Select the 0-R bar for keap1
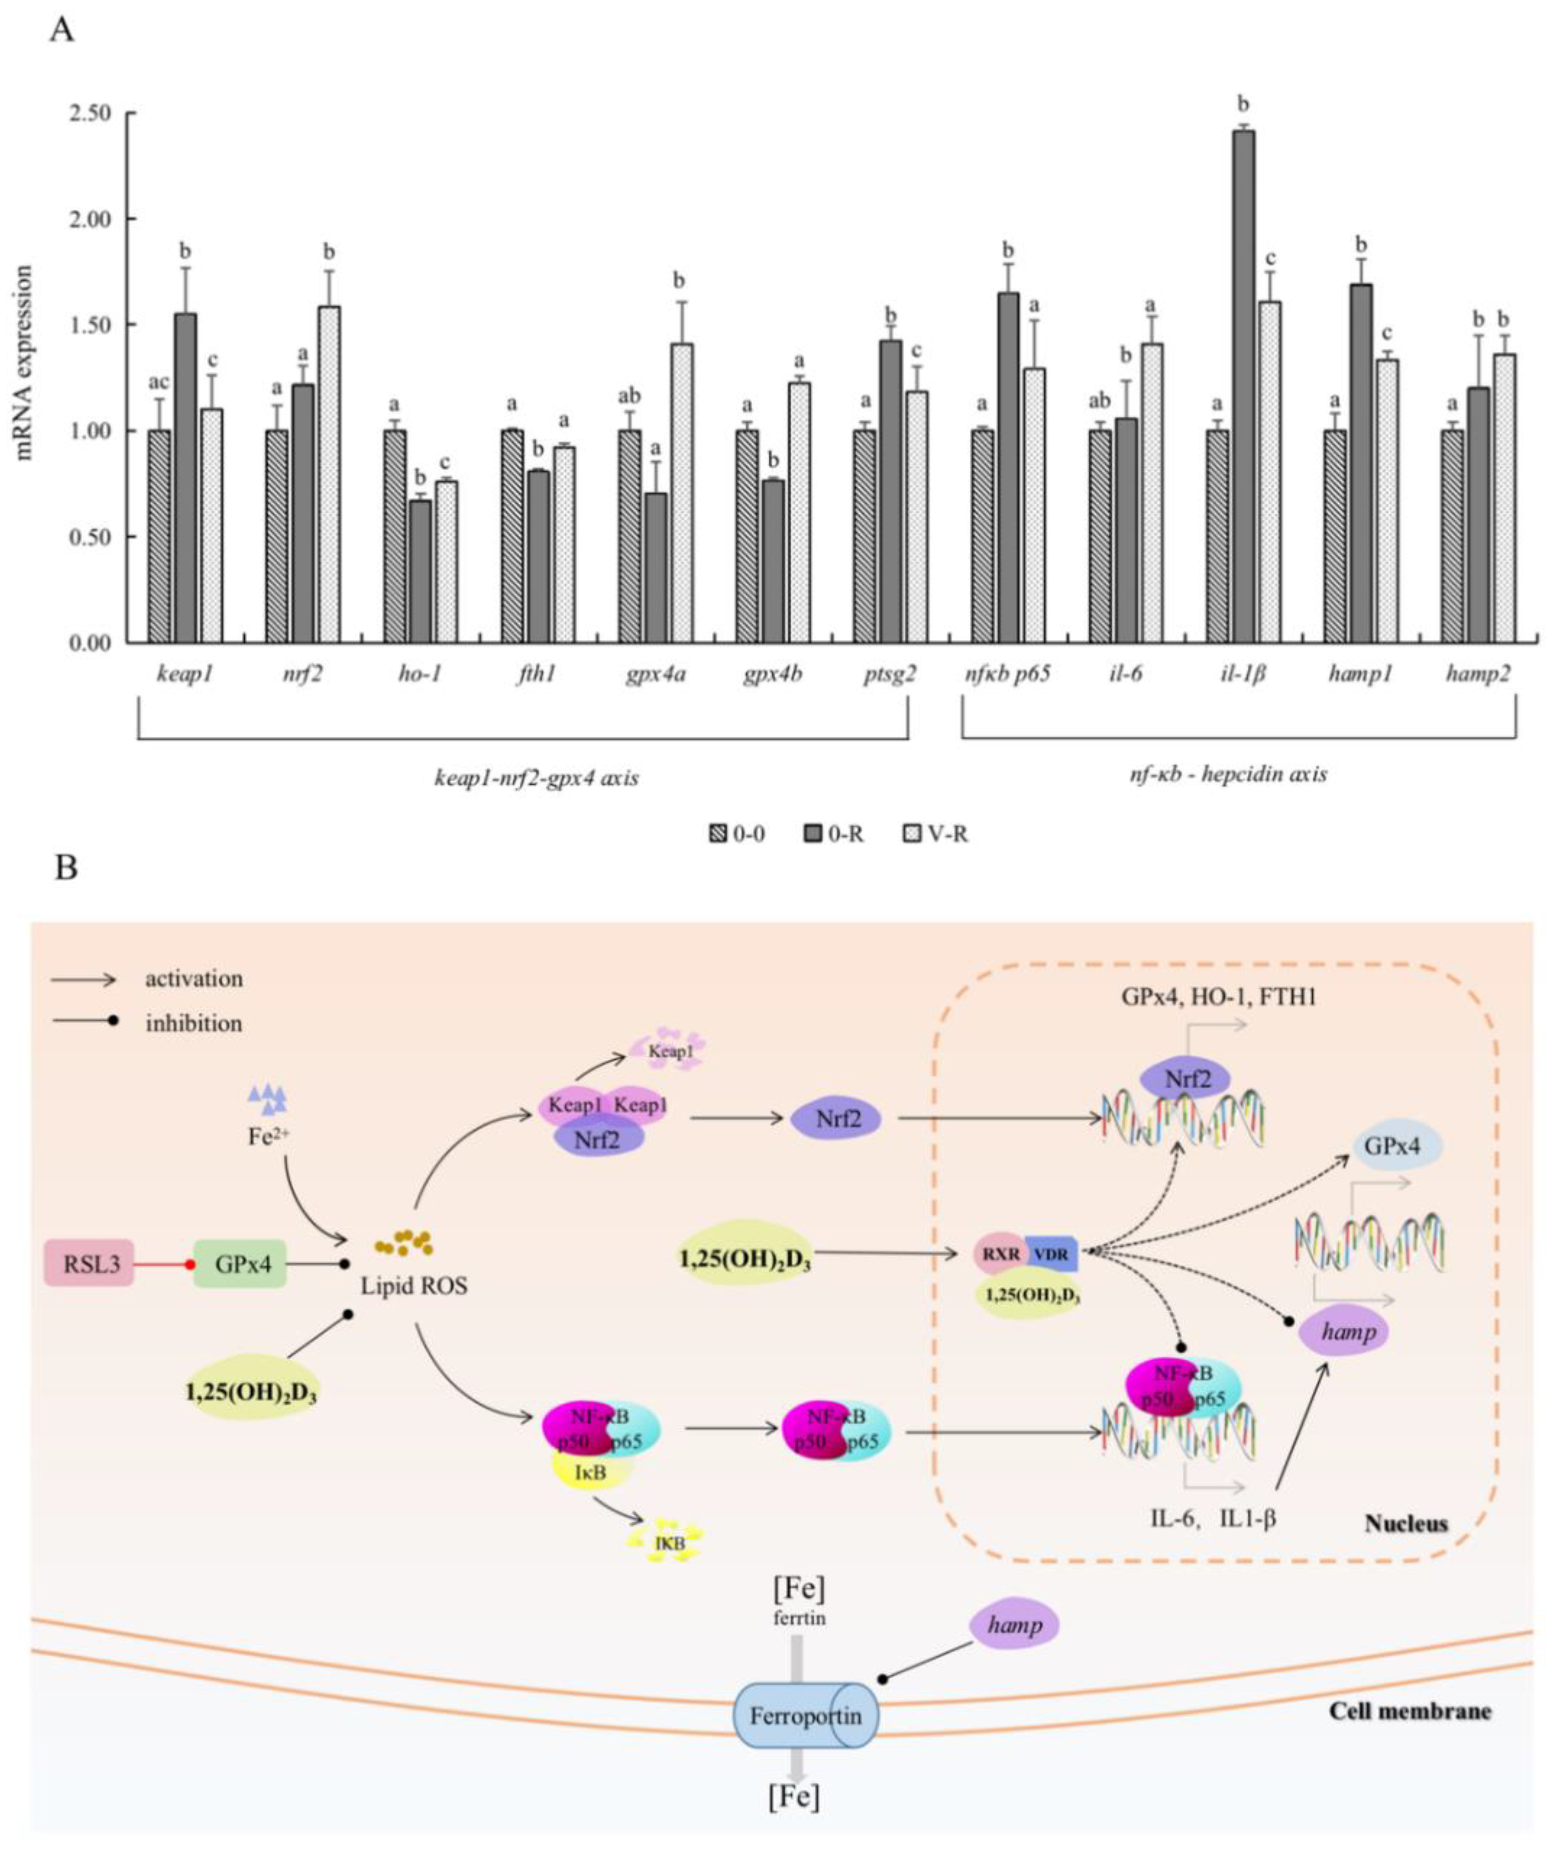[x=186, y=477]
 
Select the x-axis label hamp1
[x=1360, y=673]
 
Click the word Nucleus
[x=1406, y=1524]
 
